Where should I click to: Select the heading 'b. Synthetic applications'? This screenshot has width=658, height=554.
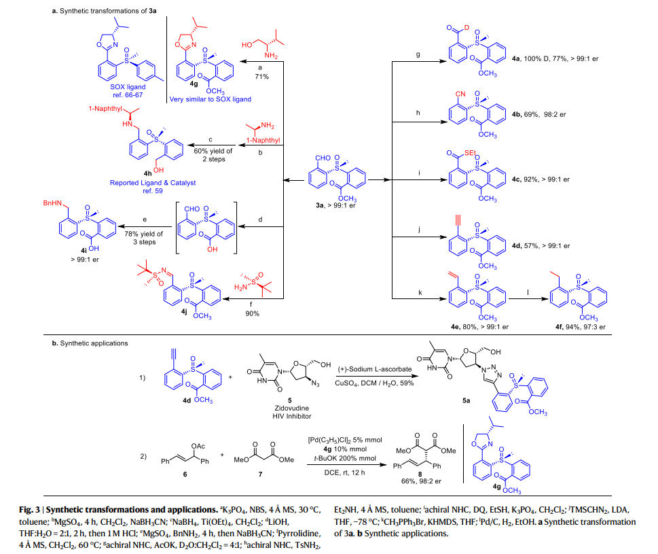coord(89,343)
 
